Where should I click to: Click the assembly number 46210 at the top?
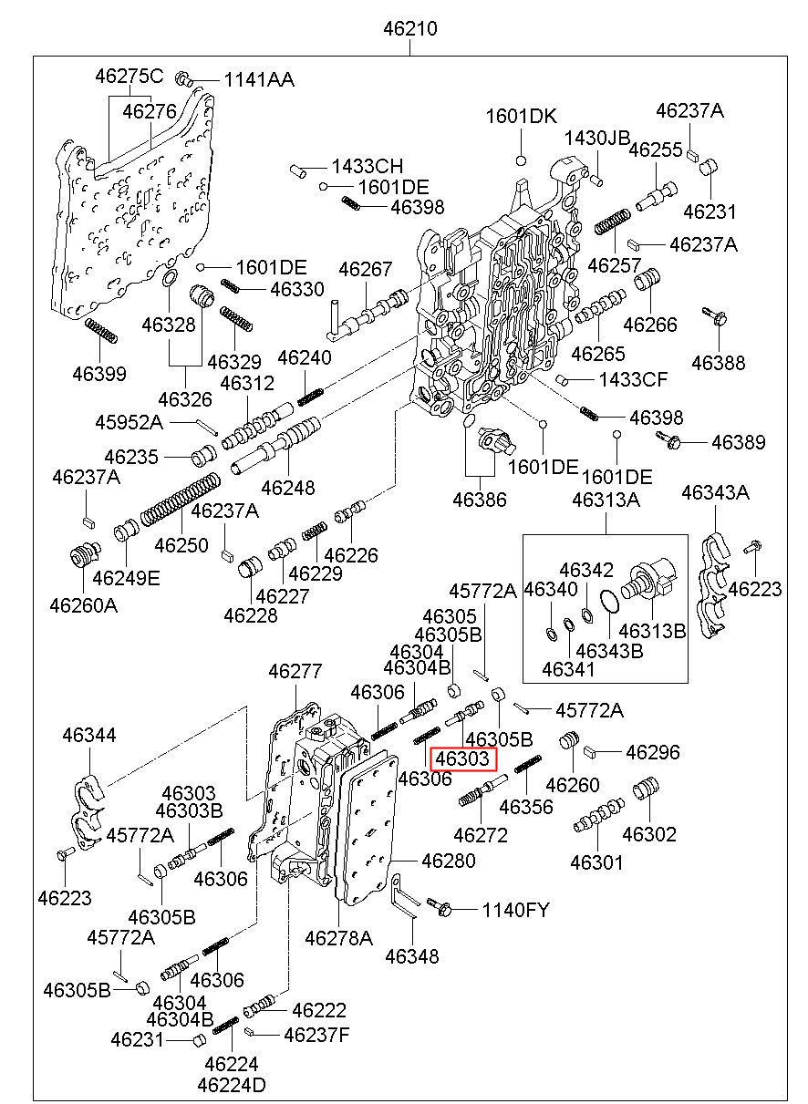(409, 28)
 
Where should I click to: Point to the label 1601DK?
(521, 116)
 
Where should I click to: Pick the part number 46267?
(365, 270)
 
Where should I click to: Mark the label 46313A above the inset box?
(606, 500)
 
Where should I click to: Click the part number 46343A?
(715, 493)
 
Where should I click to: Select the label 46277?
(295, 672)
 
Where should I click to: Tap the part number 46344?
(88, 734)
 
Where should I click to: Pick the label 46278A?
(338, 938)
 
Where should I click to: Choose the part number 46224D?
(232, 1086)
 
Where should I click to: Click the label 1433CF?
(633, 378)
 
